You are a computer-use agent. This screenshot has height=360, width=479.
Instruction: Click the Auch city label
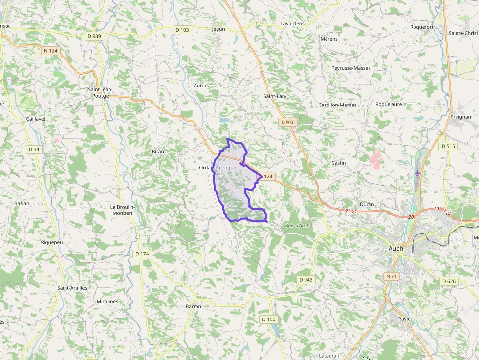(395, 248)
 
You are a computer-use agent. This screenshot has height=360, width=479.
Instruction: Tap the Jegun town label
(218, 29)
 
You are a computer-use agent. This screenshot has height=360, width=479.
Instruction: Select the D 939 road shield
(94, 36)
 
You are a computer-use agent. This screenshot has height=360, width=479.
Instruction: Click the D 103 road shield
(182, 30)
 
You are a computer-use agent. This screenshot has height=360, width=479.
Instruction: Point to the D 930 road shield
(288, 122)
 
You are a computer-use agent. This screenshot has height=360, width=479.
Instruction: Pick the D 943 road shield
(305, 279)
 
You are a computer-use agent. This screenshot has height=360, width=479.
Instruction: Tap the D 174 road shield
(141, 254)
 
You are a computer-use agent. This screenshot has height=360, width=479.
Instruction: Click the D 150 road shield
(268, 319)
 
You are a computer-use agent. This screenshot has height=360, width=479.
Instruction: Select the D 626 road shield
(448, 281)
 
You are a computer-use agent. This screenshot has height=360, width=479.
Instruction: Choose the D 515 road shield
(448, 146)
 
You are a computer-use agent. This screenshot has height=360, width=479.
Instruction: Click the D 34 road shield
(34, 149)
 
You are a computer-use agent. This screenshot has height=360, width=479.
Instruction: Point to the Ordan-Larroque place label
(218, 167)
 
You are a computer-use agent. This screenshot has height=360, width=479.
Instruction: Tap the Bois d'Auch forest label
(298, 225)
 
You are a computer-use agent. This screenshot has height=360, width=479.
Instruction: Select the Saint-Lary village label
(275, 96)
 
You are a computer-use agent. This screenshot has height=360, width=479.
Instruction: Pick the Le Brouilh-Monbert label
(122, 210)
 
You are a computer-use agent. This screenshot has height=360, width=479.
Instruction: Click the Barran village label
(193, 306)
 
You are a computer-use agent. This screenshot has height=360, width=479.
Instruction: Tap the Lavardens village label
(292, 23)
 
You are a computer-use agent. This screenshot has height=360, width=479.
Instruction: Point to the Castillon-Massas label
(337, 105)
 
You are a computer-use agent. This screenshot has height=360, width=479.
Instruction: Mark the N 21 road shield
(391, 276)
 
